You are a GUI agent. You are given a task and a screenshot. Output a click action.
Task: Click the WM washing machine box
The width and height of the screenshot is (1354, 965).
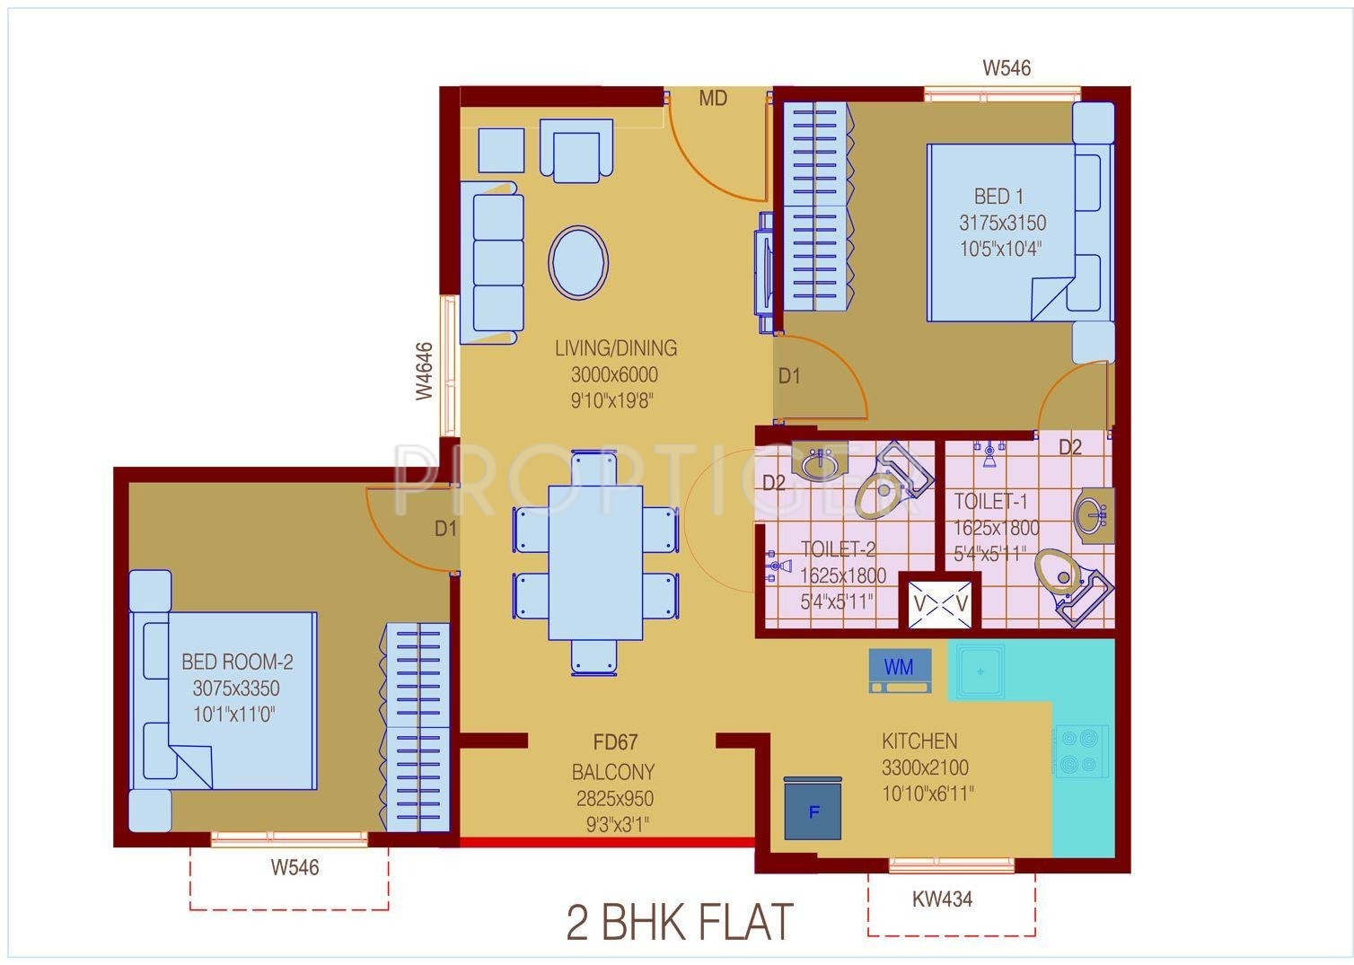point(900,671)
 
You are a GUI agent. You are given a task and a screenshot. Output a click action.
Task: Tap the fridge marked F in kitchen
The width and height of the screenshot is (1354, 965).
point(813,809)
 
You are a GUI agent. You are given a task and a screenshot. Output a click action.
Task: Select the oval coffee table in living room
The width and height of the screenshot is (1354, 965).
point(578,263)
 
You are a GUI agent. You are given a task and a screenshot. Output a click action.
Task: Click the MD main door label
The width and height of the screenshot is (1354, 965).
point(713,99)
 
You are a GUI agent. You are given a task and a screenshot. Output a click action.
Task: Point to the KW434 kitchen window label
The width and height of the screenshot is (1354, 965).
point(943,899)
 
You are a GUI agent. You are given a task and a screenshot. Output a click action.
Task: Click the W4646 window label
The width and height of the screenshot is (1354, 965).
point(425,371)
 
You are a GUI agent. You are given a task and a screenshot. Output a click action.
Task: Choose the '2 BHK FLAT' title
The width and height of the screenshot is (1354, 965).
point(680,923)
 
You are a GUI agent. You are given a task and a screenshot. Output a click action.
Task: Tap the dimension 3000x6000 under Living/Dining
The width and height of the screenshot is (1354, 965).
point(614,374)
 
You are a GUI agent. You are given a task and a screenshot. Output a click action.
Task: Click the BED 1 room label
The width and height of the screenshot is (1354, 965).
point(998,197)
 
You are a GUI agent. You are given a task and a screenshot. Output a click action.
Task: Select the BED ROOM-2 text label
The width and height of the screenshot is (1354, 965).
point(237,662)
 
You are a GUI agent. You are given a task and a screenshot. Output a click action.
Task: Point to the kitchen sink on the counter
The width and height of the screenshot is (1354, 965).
point(980,671)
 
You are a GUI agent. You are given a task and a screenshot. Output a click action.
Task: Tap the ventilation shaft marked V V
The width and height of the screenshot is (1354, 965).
point(941,604)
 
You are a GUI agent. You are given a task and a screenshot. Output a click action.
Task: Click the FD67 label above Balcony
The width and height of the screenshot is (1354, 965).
point(615,742)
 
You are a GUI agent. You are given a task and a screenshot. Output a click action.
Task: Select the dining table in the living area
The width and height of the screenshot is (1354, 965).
point(595,563)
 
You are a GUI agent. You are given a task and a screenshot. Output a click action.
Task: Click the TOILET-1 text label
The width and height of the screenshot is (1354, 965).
point(989,502)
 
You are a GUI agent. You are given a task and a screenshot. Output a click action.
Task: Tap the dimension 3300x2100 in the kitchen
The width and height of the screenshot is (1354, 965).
point(925,768)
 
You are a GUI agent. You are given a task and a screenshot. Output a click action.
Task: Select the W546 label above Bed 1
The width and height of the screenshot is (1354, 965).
point(1007,67)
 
